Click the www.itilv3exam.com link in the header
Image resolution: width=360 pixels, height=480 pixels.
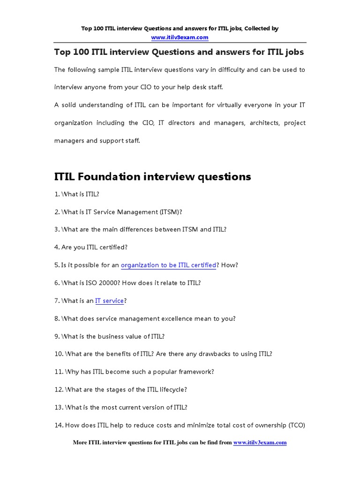coord(180,37)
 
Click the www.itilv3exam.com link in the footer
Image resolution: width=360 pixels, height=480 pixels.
coord(260,442)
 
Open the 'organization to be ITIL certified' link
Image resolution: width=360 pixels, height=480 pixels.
coord(168,265)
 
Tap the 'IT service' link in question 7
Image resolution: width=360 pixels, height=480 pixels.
coord(109,301)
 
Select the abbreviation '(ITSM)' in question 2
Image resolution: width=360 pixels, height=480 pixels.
coord(171,212)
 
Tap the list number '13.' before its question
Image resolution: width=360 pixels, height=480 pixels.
coord(59,408)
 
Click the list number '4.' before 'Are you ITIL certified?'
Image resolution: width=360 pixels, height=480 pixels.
coord(57,247)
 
